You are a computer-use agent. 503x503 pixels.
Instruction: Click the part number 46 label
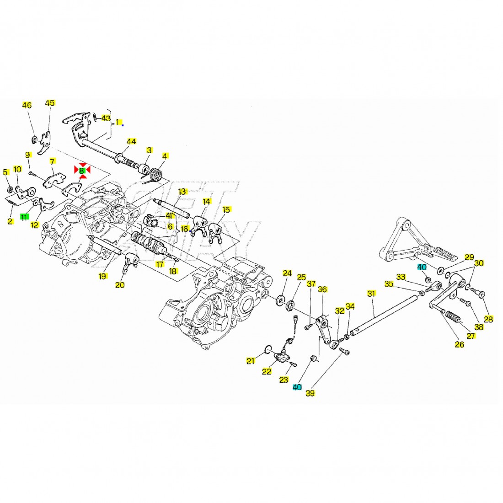point(27,105)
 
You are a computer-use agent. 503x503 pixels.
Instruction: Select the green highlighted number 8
point(82,170)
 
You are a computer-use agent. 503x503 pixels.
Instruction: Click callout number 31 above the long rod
point(371,294)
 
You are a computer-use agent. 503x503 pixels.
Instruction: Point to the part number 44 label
point(131,142)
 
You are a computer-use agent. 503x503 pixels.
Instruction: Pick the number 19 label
point(102,276)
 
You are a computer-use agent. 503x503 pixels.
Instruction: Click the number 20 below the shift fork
point(120,285)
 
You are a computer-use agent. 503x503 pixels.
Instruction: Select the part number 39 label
point(310,392)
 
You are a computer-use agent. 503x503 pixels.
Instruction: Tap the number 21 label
point(250,361)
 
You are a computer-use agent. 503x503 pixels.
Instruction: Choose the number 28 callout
point(488,319)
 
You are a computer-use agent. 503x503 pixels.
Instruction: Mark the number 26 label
point(459,344)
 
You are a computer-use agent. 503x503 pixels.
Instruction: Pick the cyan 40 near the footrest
point(421,267)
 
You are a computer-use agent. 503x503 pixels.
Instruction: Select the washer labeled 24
point(278,301)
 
